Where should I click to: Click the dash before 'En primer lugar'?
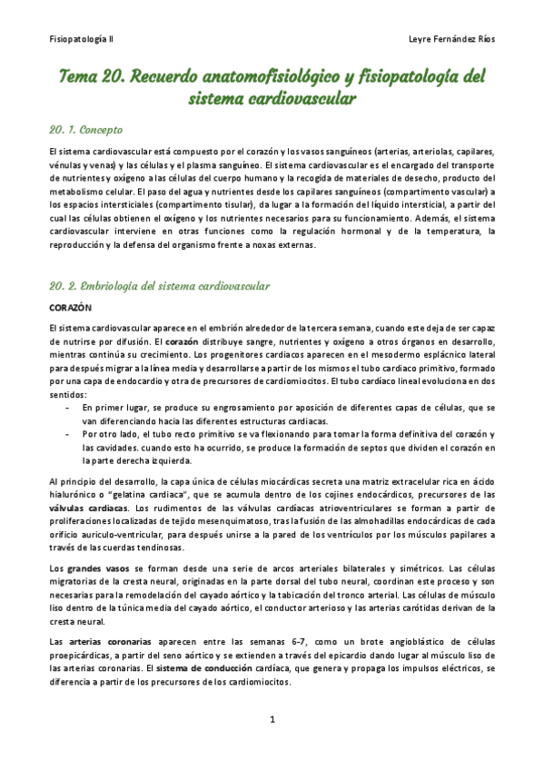pyautogui.click(x=69, y=383)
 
